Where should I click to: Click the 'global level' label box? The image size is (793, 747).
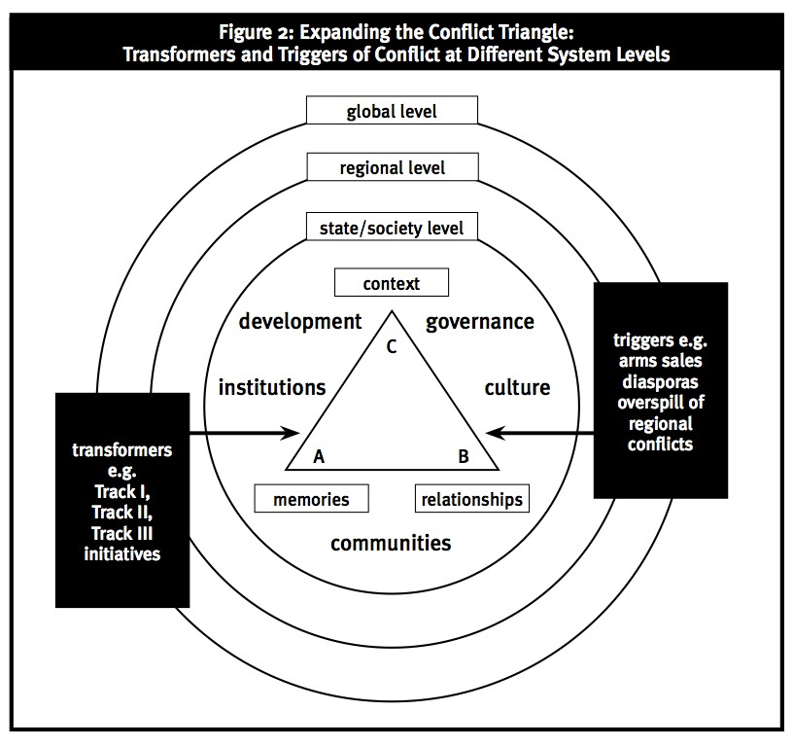coord(392,110)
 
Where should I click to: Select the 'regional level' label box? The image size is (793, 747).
coord(392,167)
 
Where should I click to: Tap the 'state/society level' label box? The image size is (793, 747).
coord(392,229)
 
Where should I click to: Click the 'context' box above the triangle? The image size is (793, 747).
coord(392,283)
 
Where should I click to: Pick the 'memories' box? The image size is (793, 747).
coord(311,499)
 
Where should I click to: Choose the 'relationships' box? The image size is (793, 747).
coord(472,499)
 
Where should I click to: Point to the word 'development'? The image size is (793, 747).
coord(301,321)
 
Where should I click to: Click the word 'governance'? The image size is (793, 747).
coord(480,321)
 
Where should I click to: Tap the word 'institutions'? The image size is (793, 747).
coord(272,387)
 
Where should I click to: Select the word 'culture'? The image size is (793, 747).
coord(517,387)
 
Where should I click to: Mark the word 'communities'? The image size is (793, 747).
coord(391,542)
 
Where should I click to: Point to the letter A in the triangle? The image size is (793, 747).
coord(319,454)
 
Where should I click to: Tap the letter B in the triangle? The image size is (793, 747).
coord(464,454)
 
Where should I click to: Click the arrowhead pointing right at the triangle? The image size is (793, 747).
coord(293,432)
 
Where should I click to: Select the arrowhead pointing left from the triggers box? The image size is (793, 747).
coord(493,432)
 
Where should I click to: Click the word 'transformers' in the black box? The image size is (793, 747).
coord(122,450)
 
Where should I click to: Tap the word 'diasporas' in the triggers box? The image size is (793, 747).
coord(660,381)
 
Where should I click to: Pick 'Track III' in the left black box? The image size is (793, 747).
coord(122,533)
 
